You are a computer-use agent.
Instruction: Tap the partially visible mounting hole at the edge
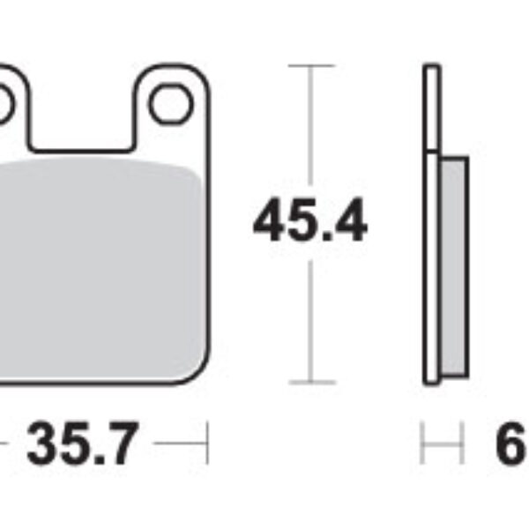point(4,105)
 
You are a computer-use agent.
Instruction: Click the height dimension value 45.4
point(309,222)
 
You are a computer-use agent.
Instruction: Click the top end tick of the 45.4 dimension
point(310,66)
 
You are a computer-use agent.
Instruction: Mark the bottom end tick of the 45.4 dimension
point(310,383)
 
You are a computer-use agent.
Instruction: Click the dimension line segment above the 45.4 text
point(310,132)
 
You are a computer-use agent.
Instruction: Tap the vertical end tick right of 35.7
point(206,443)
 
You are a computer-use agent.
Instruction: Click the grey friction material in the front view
point(97,264)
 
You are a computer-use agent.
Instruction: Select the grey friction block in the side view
point(452,264)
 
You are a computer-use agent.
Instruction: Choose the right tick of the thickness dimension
point(462,443)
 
